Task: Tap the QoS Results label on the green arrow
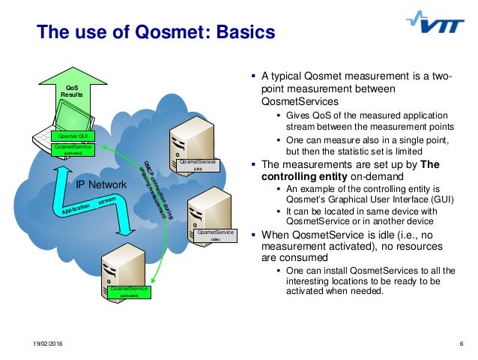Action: pyautogui.click(x=72, y=91)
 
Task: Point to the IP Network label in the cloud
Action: pyautogui.click(x=102, y=184)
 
